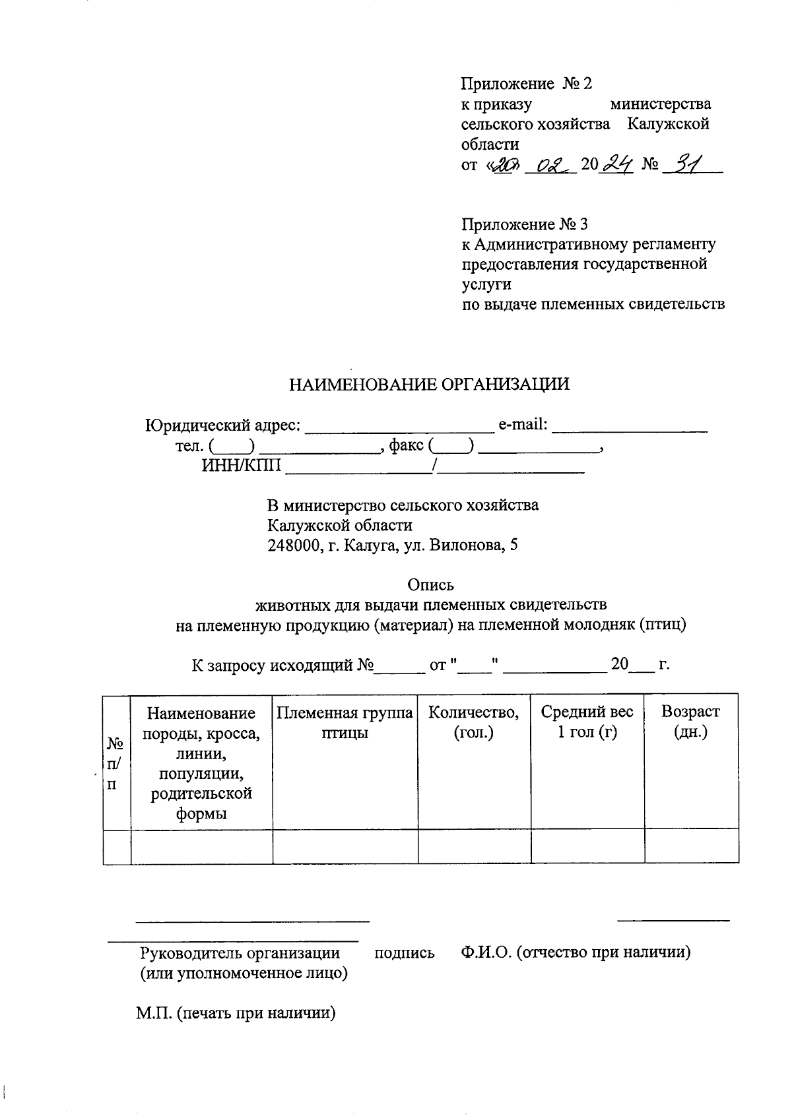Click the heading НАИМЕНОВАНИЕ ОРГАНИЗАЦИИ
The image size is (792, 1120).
coord(429,385)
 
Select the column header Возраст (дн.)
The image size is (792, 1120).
coord(690,722)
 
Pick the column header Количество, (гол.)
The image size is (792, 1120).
coord(474,722)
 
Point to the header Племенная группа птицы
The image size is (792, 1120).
coord(345,722)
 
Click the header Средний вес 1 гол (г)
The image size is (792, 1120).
coord(587,722)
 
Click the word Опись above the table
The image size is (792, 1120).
coord(430,585)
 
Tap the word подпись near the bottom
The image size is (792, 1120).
coord(404,952)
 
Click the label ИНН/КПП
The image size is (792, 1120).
coord(241,467)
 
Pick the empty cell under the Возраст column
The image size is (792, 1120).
coord(690,846)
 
